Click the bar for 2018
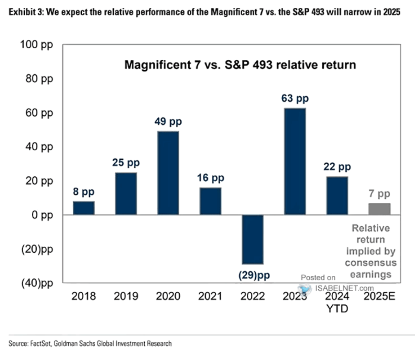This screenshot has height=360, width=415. (x=84, y=208)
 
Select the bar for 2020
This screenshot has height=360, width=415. (x=168, y=173)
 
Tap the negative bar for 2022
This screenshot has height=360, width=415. (x=252, y=239)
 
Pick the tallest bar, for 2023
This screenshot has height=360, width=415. (x=295, y=161)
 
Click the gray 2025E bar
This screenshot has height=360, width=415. (x=379, y=209)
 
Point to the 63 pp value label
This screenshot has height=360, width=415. (x=295, y=99)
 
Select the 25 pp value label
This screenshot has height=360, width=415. (x=126, y=163)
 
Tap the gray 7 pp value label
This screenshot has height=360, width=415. (x=379, y=194)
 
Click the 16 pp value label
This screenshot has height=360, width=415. (x=211, y=178)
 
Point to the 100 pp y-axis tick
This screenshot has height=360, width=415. (x=37, y=44)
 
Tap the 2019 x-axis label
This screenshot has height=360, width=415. (x=126, y=296)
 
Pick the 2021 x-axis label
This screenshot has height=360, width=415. (x=211, y=296)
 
